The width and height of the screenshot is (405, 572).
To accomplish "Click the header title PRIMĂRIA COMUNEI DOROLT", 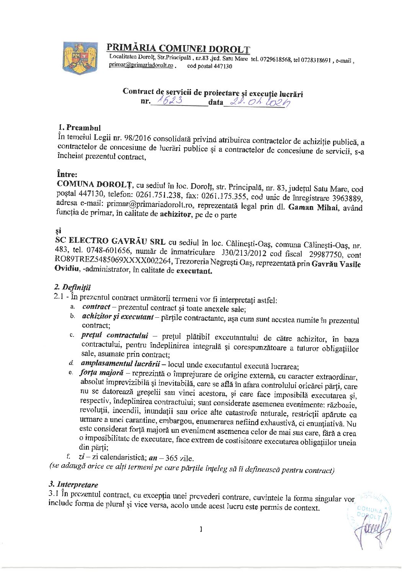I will pos(178,48).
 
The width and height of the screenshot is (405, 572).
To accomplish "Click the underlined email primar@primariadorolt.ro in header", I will pos(142,66).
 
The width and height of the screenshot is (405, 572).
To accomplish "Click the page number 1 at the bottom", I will pos(201,529).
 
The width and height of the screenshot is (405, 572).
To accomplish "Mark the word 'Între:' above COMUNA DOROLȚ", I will pos(66,173).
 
